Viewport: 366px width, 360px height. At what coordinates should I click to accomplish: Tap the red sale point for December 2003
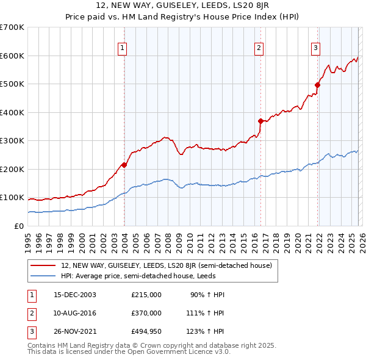pos(124,165)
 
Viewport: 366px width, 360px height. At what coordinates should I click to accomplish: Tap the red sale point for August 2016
pos(260,121)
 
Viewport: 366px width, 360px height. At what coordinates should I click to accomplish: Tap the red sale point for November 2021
pos(318,85)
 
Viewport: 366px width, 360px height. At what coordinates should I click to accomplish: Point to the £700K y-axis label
pos(12,27)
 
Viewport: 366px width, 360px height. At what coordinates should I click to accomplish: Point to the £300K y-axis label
pos(12,141)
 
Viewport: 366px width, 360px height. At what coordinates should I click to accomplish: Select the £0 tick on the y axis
pos(19,226)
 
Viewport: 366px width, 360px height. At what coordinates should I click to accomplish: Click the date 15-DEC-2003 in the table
pos(75,295)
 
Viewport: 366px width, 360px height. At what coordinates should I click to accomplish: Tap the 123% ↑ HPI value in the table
pos(206,331)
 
